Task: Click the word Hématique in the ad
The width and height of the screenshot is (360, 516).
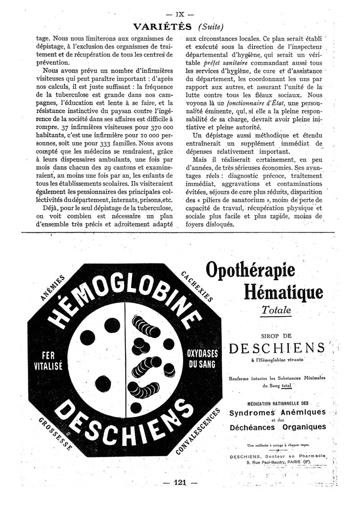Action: (283, 293)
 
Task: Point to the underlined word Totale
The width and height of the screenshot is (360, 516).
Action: (276, 311)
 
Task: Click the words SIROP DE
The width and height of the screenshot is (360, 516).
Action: (276, 335)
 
